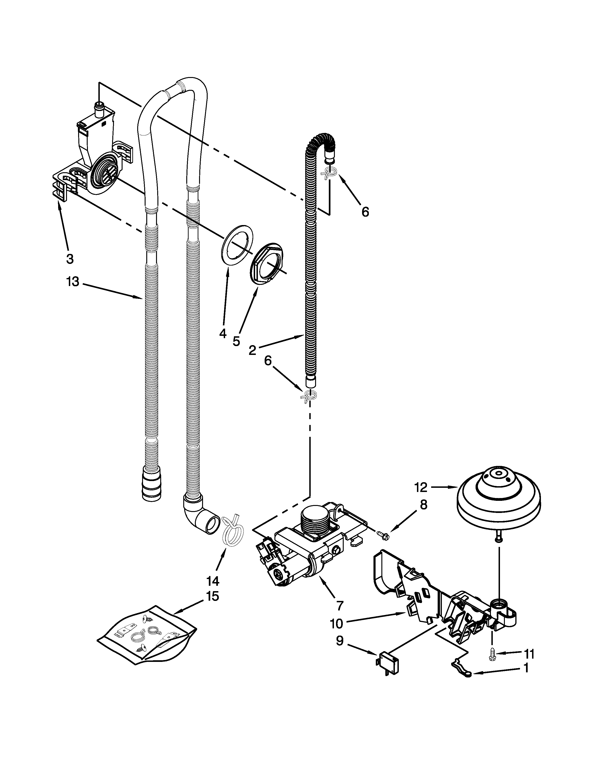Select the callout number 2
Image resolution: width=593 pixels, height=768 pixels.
252,350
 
